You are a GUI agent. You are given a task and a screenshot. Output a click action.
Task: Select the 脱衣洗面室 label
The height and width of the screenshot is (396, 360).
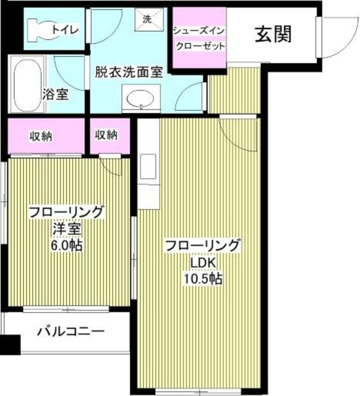point(129,70)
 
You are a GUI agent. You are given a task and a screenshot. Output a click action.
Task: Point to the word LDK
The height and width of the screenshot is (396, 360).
point(202,262)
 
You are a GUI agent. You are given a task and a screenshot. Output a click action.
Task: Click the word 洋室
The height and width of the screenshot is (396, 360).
point(66,228)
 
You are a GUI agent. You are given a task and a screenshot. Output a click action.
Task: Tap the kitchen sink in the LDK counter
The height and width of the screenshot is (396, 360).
point(148,168)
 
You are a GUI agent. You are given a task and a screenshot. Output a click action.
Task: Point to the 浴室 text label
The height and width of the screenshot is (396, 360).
point(55,95)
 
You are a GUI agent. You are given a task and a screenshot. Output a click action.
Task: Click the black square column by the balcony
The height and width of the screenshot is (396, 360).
point(10,345)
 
